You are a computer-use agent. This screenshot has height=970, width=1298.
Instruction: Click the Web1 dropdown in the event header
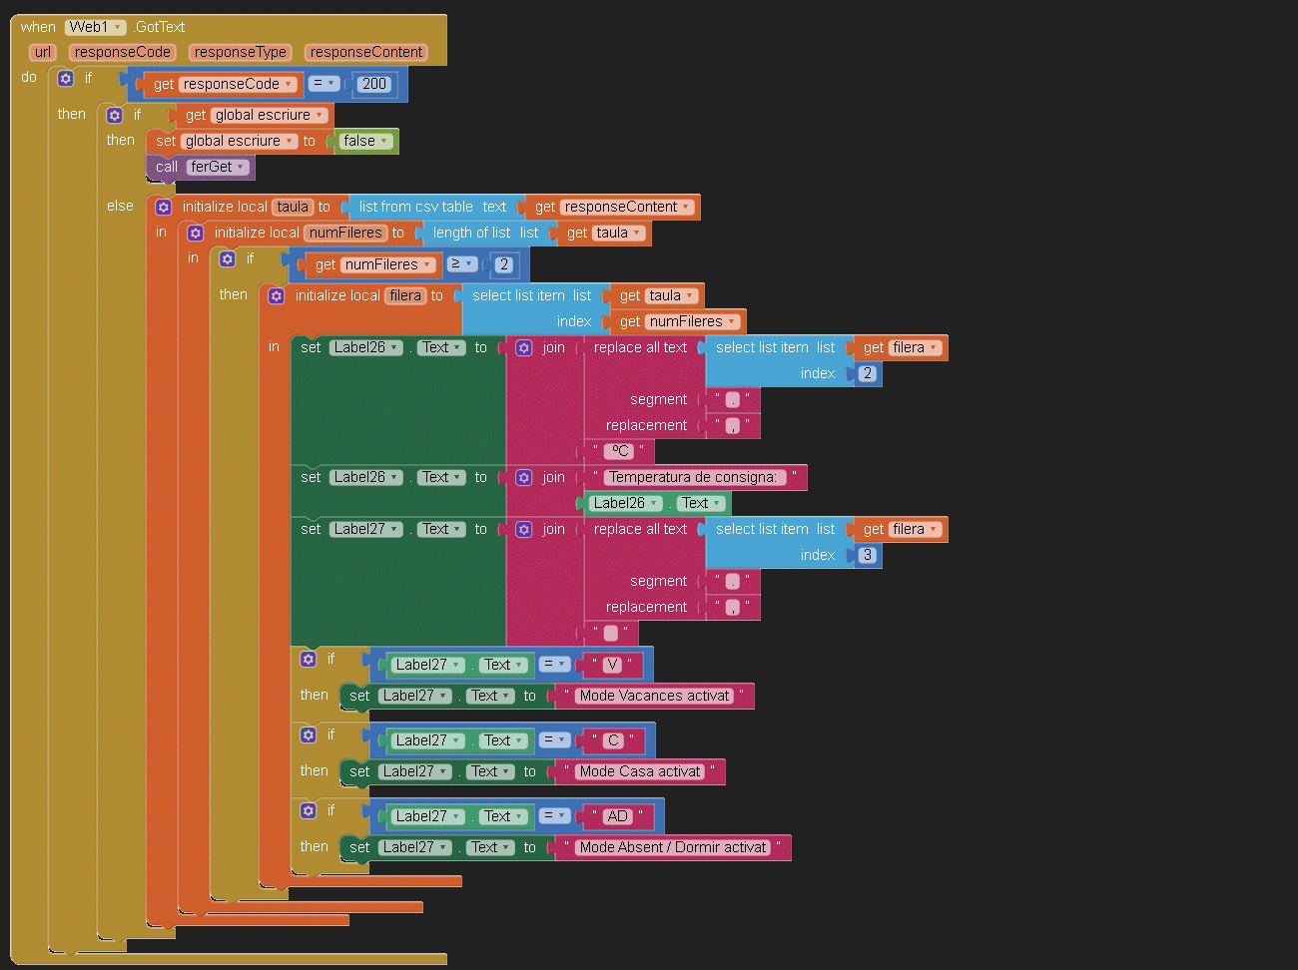[95, 27]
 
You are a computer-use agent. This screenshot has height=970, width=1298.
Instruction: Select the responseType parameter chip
[240, 52]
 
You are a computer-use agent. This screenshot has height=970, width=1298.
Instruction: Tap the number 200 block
[373, 84]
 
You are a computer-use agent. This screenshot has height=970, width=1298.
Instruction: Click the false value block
[364, 141]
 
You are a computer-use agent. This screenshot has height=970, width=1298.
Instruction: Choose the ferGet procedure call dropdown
[217, 168]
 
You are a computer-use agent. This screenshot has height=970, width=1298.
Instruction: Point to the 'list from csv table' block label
[415, 207]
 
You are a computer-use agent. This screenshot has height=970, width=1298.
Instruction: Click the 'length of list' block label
[471, 233]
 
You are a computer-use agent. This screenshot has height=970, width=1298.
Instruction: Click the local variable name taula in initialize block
[293, 207]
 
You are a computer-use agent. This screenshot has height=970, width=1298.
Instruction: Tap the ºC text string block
[619, 451]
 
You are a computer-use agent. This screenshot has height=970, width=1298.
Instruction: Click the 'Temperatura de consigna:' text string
[693, 477]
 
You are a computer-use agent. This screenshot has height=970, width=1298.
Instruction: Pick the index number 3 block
[868, 555]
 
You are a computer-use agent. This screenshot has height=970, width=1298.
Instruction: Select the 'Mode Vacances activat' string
[654, 696]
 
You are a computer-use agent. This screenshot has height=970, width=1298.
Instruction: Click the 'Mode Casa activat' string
[640, 771]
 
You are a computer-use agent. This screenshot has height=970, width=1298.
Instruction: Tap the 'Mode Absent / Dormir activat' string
[672, 847]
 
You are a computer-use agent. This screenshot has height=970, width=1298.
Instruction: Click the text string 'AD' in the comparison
[617, 816]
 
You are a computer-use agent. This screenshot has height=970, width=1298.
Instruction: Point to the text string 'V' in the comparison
[613, 665]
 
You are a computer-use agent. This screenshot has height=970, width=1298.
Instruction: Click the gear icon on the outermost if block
[66, 78]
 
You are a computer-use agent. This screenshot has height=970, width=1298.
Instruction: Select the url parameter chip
[43, 52]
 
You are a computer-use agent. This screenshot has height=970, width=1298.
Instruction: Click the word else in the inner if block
[120, 206]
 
